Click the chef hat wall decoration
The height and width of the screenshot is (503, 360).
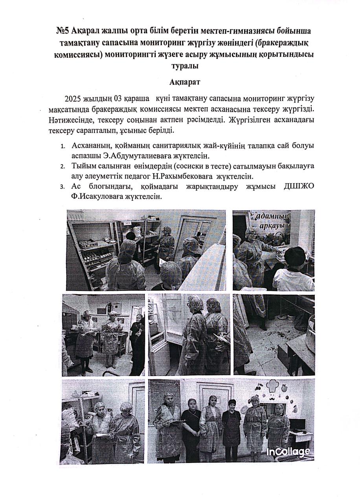pyautogui.click(x=273, y=385)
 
